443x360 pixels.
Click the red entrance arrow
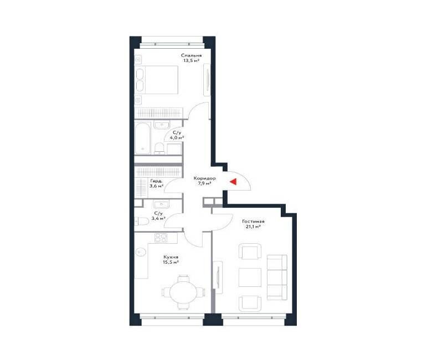233,182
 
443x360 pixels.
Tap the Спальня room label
191,56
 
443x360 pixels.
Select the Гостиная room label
253,221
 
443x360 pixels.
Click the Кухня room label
171,257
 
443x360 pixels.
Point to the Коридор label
204,178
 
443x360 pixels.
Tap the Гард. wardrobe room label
156,181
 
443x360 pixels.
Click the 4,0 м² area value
177,137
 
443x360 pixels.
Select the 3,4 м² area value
158,218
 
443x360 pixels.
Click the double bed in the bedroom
157,80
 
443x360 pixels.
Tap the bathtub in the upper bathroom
143,138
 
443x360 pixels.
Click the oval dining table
183,292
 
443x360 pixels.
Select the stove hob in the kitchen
161,238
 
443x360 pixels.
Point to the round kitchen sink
141,252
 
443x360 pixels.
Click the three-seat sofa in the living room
277,277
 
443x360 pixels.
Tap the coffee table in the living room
250,277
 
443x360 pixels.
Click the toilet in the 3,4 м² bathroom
142,221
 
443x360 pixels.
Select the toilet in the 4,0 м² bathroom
159,148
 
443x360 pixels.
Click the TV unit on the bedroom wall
207,80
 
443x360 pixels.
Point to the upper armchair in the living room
250,251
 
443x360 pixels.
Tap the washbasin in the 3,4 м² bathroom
161,204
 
